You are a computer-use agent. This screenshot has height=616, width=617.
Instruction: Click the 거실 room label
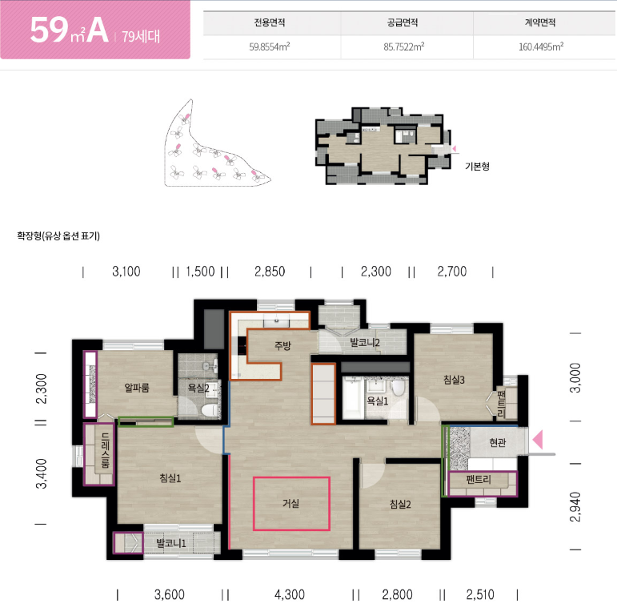click(x=290, y=503)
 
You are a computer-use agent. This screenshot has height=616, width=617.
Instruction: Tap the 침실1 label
click(x=170, y=478)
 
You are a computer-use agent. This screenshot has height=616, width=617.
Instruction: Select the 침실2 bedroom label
click(x=400, y=504)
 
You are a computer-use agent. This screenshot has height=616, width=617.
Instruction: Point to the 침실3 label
click(x=454, y=380)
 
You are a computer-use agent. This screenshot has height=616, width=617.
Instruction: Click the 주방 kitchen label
click(x=282, y=345)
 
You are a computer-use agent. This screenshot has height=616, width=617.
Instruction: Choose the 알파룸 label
click(x=137, y=388)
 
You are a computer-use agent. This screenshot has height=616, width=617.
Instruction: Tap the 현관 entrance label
click(x=498, y=442)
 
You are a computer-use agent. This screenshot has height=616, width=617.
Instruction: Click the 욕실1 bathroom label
click(x=378, y=401)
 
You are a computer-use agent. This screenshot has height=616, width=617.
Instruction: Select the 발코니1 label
click(x=170, y=543)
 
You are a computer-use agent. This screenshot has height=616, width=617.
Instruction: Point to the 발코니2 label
click(x=365, y=342)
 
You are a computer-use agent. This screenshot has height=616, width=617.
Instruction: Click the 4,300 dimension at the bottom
click(x=290, y=594)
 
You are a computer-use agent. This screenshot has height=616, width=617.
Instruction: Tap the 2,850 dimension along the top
click(x=270, y=272)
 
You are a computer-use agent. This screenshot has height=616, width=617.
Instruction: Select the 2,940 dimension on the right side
click(x=575, y=507)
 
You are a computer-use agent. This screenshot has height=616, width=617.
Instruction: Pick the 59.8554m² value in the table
click(x=270, y=47)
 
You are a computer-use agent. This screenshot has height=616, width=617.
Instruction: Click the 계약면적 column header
click(x=540, y=22)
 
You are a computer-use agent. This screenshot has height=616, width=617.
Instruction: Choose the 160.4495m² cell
click(x=541, y=47)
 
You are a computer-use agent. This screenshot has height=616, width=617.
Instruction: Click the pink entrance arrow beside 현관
click(x=538, y=440)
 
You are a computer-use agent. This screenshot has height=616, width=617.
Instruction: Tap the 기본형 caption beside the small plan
click(x=477, y=166)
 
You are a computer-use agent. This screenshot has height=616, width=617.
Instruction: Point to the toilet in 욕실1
click(x=399, y=387)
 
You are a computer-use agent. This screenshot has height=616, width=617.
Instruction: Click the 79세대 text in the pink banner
click(x=141, y=37)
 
